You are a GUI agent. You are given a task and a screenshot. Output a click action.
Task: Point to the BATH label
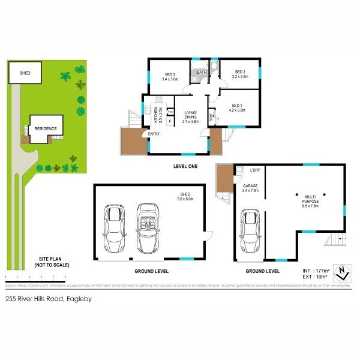(202, 73)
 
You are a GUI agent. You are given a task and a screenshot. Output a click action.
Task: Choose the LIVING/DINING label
(191, 115)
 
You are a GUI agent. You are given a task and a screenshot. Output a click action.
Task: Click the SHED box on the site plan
(25, 73)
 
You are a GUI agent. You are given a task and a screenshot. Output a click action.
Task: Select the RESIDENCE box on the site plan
(45, 128)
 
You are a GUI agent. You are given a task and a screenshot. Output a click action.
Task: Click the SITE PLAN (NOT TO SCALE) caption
(50, 262)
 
